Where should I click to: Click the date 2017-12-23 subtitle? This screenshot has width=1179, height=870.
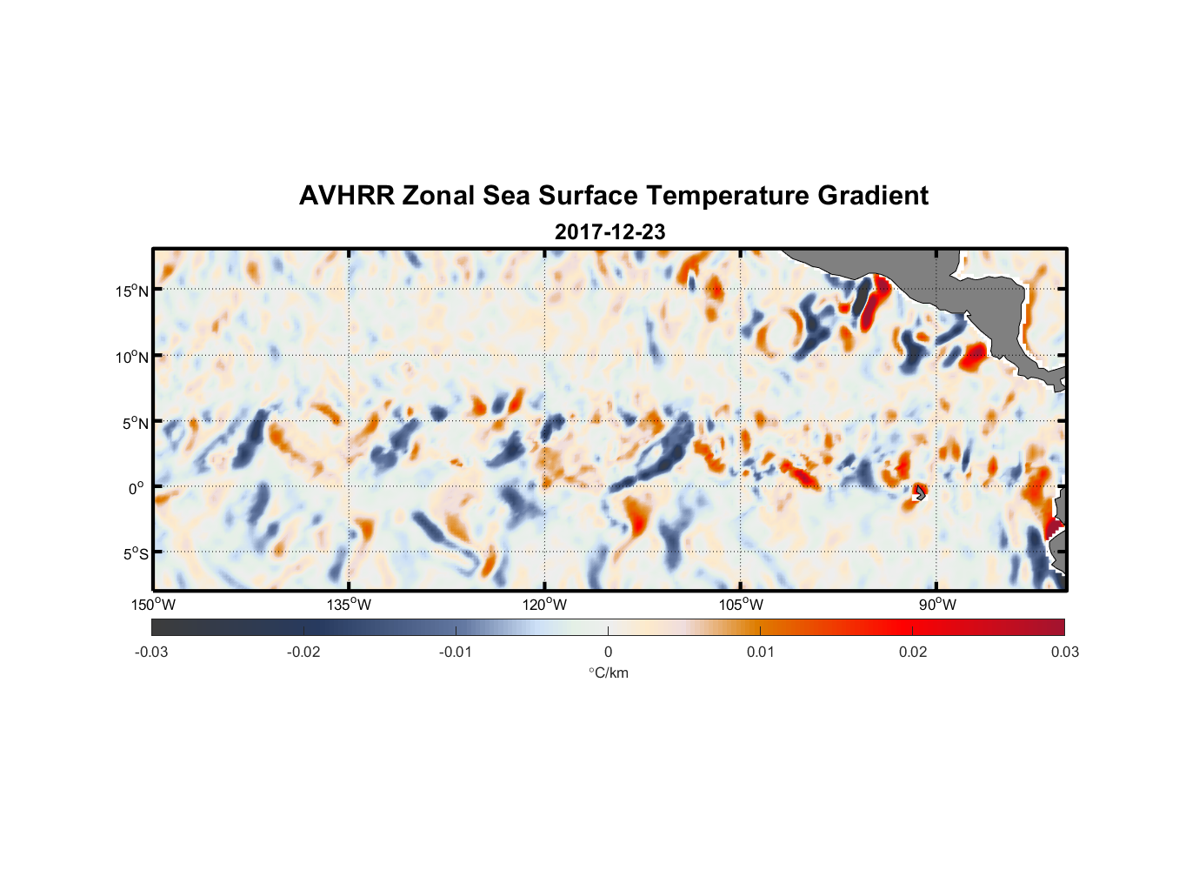tap(609, 232)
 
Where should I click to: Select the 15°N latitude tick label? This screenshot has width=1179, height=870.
tap(132, 291)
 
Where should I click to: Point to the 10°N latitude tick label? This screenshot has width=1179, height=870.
tap(132, 357)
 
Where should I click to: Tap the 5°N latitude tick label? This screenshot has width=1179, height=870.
tap(135, 423)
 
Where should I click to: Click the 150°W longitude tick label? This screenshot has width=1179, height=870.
tap(154, 605)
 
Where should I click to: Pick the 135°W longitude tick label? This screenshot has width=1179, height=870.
tap(350, 605)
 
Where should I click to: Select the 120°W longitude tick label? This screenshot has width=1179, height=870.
tap(545, 605)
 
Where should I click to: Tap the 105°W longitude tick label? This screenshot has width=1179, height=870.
tap(741, 605)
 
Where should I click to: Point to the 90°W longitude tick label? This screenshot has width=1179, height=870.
tap(937, 605)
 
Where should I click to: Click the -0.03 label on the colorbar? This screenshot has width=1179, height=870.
tap(151, 652)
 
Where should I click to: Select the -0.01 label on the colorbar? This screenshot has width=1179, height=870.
tap(456, 652)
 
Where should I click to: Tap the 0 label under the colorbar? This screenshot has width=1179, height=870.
tap(608, 652)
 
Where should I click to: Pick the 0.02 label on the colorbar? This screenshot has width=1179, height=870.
tap(913, 652)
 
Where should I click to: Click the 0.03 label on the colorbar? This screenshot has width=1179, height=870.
tap(1064, 652)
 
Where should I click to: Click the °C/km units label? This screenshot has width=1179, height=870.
tap(609, 673)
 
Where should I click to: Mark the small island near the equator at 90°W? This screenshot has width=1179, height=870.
tap(920, 492)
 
